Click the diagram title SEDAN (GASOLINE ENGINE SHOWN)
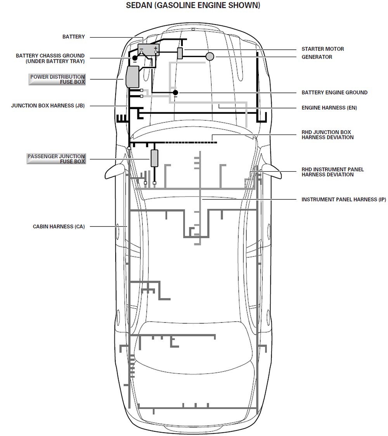tap(193, 6)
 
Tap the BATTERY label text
tap(73, 37)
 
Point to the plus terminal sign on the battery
tap(156, 48)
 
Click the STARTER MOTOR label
tap(322, 49)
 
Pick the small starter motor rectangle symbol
tap(180, 53)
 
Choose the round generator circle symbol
tap(210, 56)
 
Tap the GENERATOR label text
tap(317, 57)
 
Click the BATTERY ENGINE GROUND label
tap(334, 92)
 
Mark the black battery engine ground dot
tap(175, 92)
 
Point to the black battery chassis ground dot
tap(135, 58)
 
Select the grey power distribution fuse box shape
tap(132, 77)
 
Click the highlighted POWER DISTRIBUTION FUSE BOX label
tap(57, 79)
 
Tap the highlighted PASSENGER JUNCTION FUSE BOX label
tap(56, 159)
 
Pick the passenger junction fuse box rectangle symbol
tap(155, 158)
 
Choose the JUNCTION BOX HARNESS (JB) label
tap(48, 105)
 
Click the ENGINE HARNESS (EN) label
tap(329, 108)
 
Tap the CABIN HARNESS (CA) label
tap(59, 227)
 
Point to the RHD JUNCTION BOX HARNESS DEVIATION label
tap(327, 135)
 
